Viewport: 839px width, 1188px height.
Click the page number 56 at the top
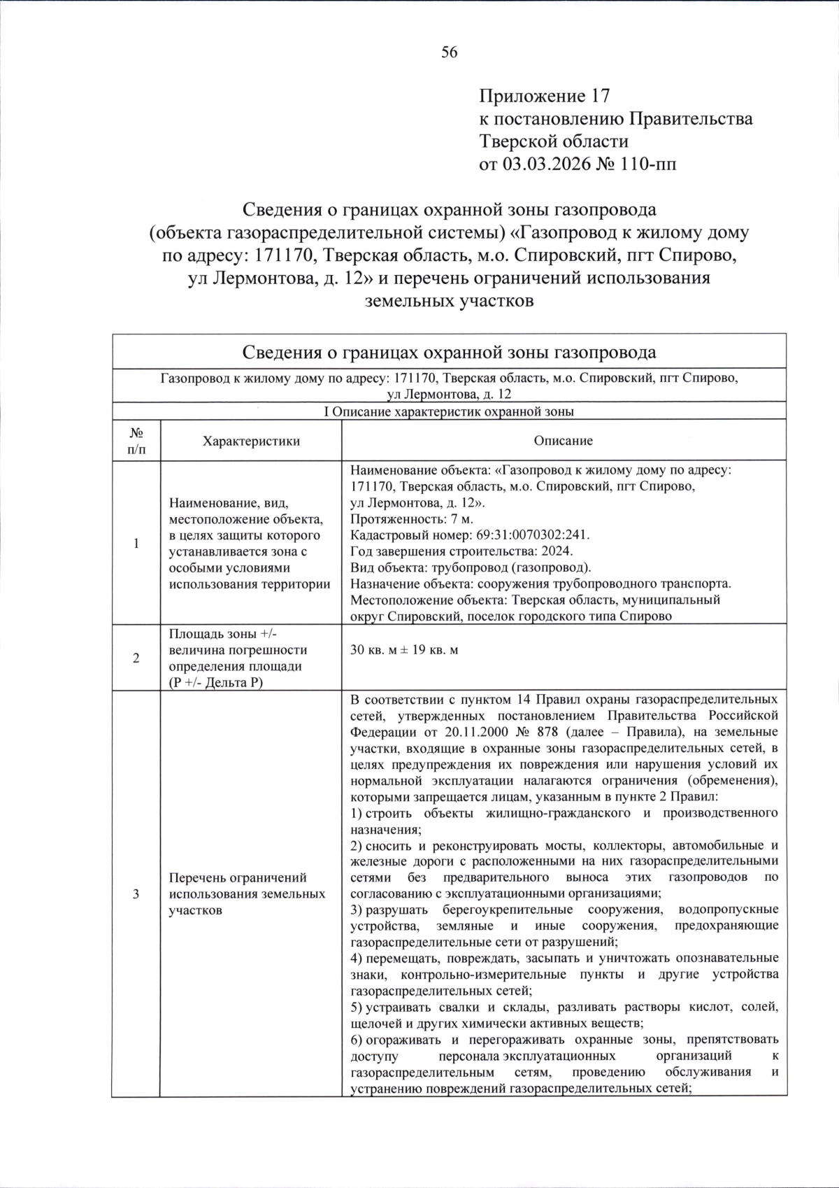point(449,52)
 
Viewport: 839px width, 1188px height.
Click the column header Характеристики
point(251,441)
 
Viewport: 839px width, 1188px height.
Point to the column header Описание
point(563,441)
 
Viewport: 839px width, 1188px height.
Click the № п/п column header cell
point(136,441)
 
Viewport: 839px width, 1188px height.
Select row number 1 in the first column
point(136,543)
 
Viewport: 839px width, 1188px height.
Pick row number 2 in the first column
point(136,658)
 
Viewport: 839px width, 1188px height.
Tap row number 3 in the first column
point(136,893)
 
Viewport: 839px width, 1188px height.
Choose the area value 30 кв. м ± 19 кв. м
point(404,650)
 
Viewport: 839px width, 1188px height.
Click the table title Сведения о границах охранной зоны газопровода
point(449,352)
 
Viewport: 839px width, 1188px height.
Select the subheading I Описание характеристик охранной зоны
point(449,411)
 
